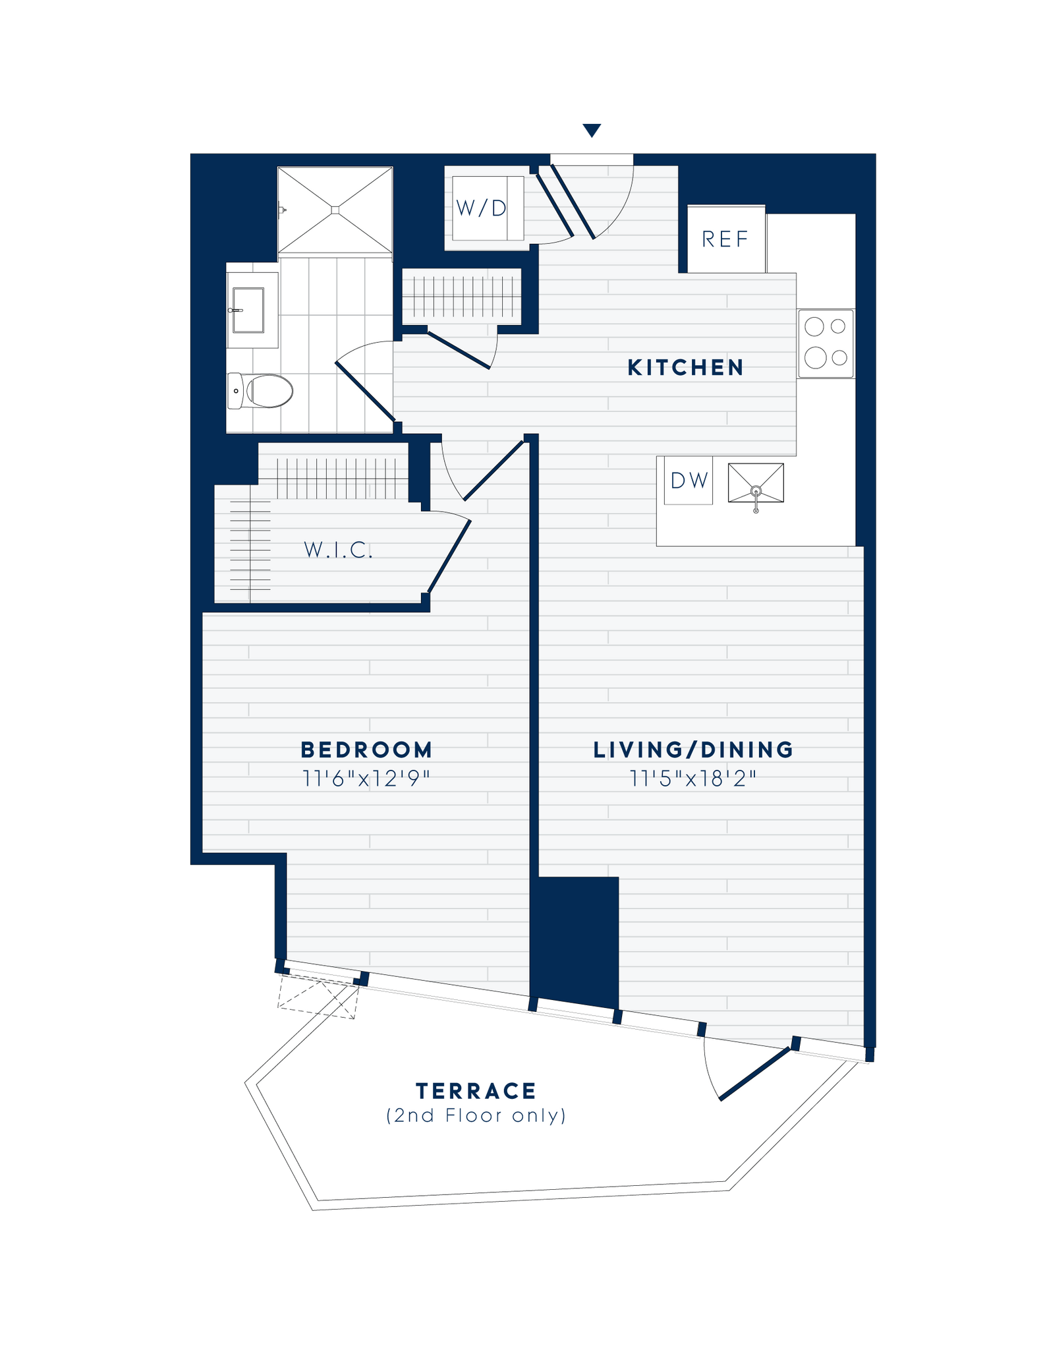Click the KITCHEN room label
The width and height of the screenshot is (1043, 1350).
tap(685, 367)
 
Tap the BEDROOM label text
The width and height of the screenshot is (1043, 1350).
tap(366, 749)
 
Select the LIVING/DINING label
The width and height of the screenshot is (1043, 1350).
tap(693, 749)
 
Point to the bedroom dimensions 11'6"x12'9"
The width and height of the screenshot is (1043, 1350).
tap(366, 778)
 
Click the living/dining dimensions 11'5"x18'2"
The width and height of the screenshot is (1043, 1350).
tap(693, 778)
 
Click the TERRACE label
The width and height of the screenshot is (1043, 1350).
tap(476, 1091)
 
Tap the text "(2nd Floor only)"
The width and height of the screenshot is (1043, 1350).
tap(476, 1115)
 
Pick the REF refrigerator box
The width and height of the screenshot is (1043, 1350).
tap(725, 239)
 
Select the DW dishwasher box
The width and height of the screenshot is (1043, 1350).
tap(689, 481)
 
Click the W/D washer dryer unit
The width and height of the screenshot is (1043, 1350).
tap(481, 208)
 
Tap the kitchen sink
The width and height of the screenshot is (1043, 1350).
tap(756, 483)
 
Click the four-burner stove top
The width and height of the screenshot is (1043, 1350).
tap(826, 343)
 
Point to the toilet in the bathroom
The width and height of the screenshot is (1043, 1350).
tap(262, 391)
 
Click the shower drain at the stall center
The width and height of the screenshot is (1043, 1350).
tap(335, 210)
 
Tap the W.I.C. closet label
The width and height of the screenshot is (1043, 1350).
tap(338, 550)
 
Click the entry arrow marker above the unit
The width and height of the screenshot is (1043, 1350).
tap(592, 130)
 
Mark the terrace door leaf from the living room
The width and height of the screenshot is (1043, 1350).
tap(754, 1074)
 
